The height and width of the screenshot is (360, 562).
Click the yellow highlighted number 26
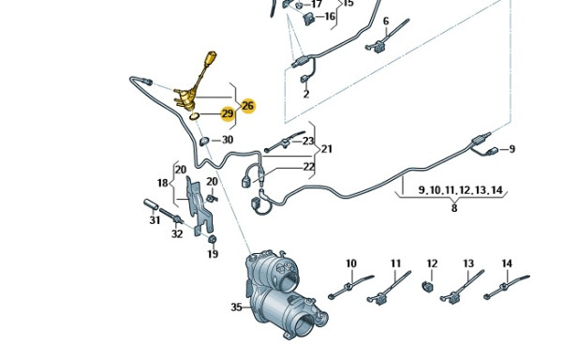247,106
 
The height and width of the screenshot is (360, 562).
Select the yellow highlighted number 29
228,114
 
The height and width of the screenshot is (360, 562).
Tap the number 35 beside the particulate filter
236,307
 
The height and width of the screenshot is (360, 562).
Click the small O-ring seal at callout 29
194,116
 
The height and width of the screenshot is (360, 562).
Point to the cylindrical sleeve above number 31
151,204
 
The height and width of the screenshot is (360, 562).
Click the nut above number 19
213,239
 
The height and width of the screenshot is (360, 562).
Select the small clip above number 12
428,286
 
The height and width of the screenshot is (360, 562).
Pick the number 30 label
228,140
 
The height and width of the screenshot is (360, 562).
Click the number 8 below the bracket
454,208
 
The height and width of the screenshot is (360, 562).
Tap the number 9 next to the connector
511,149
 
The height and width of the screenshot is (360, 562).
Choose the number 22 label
308,167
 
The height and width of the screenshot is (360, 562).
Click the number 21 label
327,149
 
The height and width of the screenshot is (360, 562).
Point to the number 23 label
308,141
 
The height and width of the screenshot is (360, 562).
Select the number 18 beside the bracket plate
163,183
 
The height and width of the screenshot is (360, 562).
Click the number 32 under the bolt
177,233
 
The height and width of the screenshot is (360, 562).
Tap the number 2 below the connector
306,94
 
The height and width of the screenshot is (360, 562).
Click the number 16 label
330,16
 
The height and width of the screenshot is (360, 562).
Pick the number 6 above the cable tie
386,22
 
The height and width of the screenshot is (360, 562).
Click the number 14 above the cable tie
507,263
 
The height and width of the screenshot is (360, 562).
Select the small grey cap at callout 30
204,141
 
